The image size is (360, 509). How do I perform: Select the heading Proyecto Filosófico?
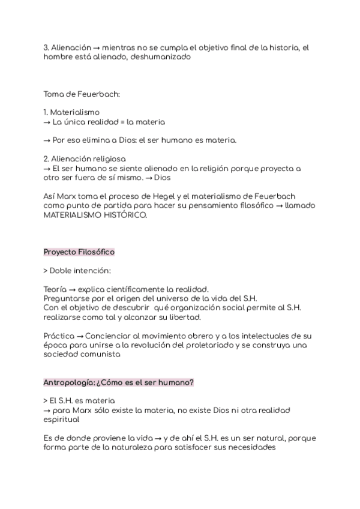click(79, 251)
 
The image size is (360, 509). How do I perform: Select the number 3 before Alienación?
click(46, 47)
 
